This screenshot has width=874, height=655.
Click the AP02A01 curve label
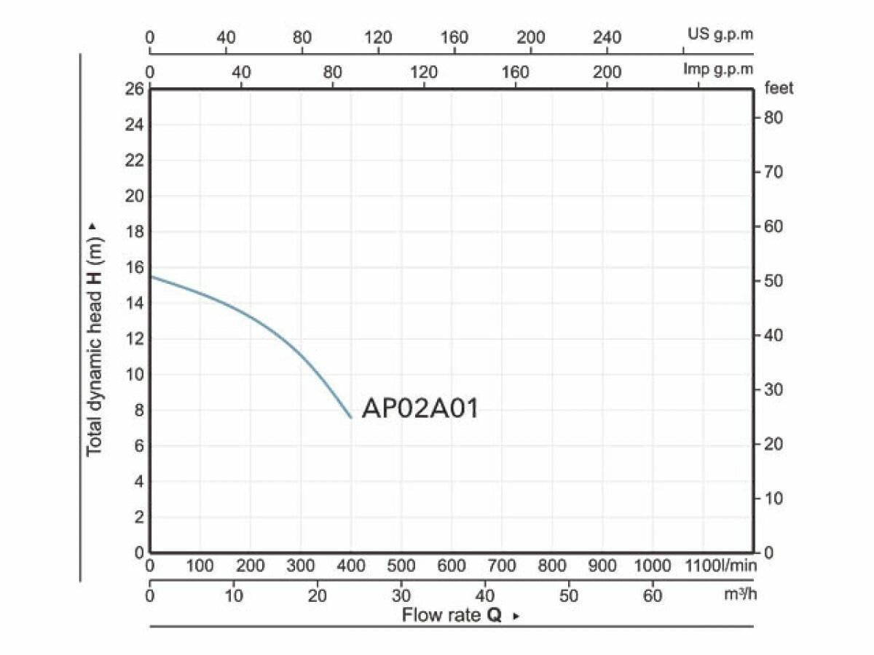point(420,409)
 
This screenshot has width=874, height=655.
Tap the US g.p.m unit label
point(720,33)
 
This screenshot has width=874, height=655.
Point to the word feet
point(779,89)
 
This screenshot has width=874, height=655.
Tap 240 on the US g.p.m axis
point(607,38)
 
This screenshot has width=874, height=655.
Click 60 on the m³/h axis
point(653,596)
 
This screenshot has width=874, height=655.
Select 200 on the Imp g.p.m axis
point(607,72)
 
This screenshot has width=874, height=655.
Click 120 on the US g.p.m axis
point(378,38)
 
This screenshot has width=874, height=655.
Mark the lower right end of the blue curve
point(351,418)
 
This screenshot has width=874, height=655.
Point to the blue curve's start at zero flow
point(151,276)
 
